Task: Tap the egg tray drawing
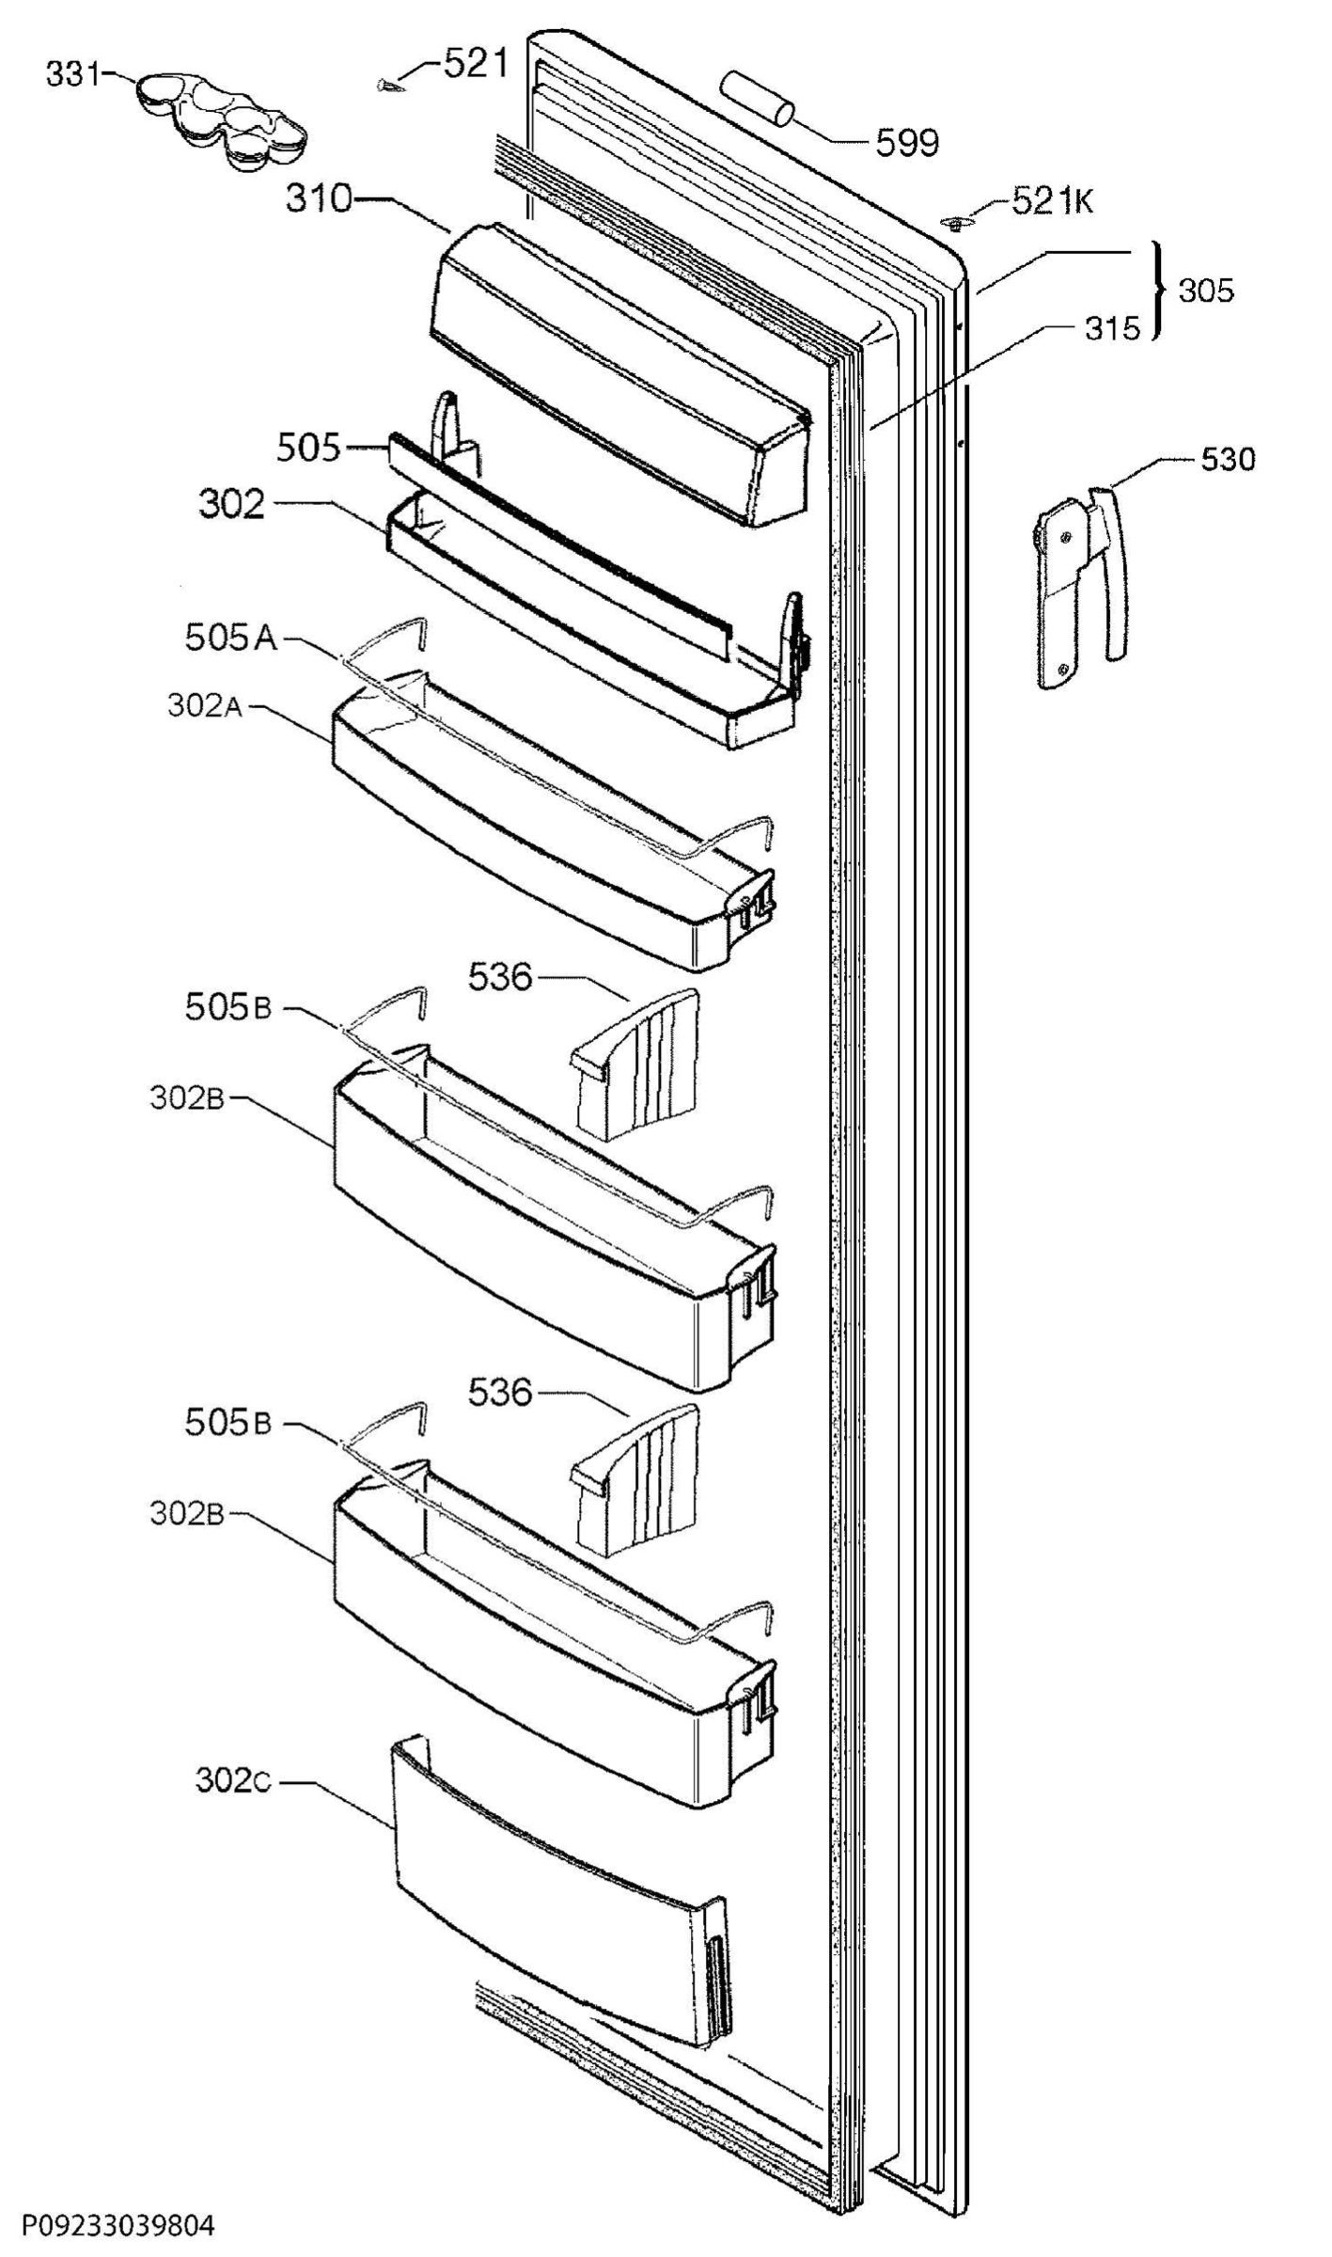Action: pos(222,122)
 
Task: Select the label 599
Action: pos(907,143)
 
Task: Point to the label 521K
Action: pos(1052,200)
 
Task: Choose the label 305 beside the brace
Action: pos(1206,291)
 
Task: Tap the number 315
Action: pos(1111,328)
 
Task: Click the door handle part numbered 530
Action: pos(1081,585)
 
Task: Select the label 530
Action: pos(1228,460)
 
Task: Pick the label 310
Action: pos(319,199)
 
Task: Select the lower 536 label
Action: pos(501,1391)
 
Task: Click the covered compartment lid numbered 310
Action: pos(620,374)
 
